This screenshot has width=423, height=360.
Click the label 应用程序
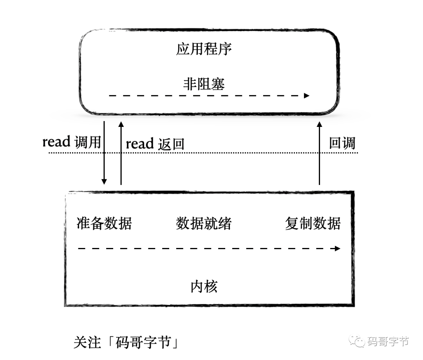pyautogui.click(x=204, y=49)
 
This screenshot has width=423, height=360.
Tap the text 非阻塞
pyautogui.click(x=204, y=84)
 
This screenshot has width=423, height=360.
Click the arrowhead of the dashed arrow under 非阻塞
pyautogui.click(x=306, y=96)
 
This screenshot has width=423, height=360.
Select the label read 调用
pyautogui.click(x=72, y=142)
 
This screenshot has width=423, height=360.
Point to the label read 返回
pyautogui.click(x=155, y=143)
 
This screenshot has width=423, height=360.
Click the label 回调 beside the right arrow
pyautogui.click(x=342, y=143)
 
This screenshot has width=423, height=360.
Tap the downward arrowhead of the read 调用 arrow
pyautogui.click(x=104, y=182)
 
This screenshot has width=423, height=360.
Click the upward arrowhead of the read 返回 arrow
pyautogui.click(x=121, y=125)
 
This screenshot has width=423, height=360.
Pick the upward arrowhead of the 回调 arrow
pyautogui.click(x=320, y=125)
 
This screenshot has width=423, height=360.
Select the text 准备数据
pyautogui.click(x=104, y=223)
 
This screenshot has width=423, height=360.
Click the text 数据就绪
pyautogui.click(x=204, y=223)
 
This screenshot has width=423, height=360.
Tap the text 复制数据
pyautogui.click(x=313, y=223)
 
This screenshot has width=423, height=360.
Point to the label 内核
pyautogui.click(x=204, y=286)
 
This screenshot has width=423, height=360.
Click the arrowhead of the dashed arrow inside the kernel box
pyautogui.click(x=338, y=248)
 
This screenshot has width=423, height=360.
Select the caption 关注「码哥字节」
pyautogui.click(x=126, y=342)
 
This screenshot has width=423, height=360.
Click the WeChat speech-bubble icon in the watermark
pyautogui.click(x=357, y=341)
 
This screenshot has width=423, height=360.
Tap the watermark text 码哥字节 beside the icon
pyautogui.click(x=388, y=342)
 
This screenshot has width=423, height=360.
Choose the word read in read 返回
pyautogui.click(x=140, y=143)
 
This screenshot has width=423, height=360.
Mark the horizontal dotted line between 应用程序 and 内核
pyautogui.click(x=203, y=153)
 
